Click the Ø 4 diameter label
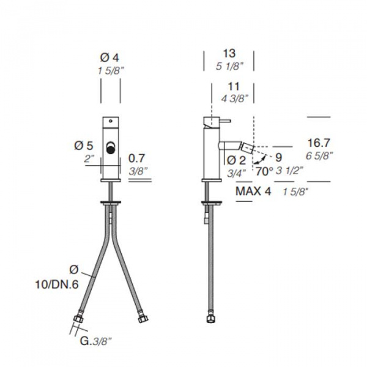pos(109,57)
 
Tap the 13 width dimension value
pos(229,53)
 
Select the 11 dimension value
pos(234,87)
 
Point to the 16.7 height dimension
pos(319,143)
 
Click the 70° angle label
pos(264,171)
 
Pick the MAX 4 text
pos(253,191)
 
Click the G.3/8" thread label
pos(95,341)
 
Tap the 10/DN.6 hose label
pos(57,284)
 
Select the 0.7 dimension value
pos(136,158)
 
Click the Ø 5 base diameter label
pos(84,146)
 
